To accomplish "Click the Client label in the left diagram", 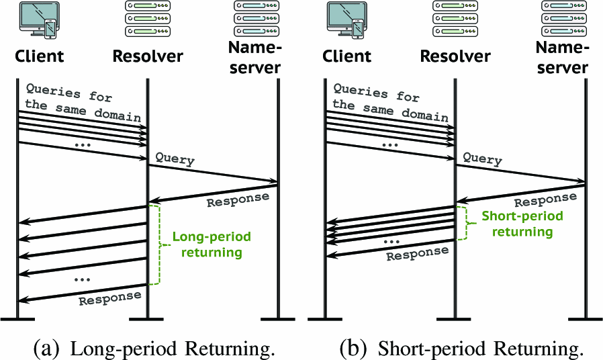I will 39,56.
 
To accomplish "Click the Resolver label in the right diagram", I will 455,56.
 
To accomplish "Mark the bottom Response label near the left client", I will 109,298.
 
